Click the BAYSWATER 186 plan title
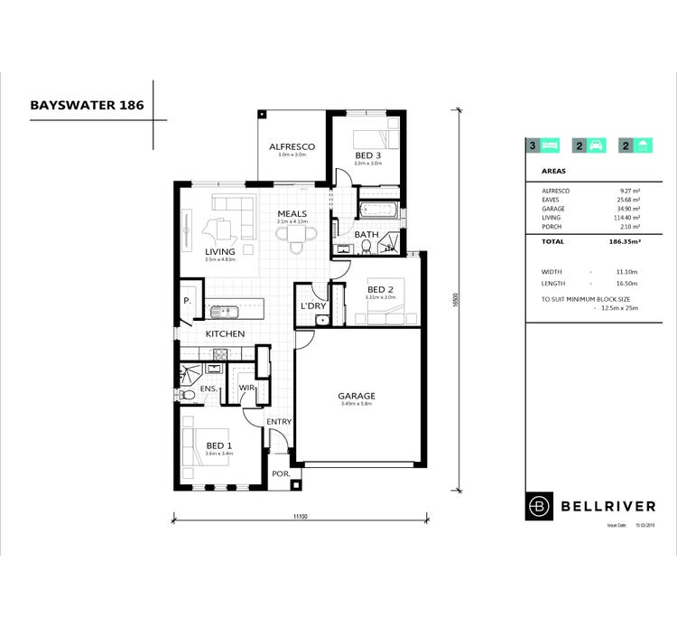[86, 104]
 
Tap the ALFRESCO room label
[292, 145]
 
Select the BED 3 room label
[367, 155]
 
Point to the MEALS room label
[292, 214]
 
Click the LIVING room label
[219, 252]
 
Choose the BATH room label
[366, 235]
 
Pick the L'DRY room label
[312, 306]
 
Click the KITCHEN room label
[225, 333]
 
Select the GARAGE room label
[357, 396]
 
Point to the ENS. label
[208, 389]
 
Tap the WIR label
[246, 389]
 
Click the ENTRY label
[279, 422]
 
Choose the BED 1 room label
[219, 445]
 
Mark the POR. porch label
[279, 473]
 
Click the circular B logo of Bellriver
[540, 506]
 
